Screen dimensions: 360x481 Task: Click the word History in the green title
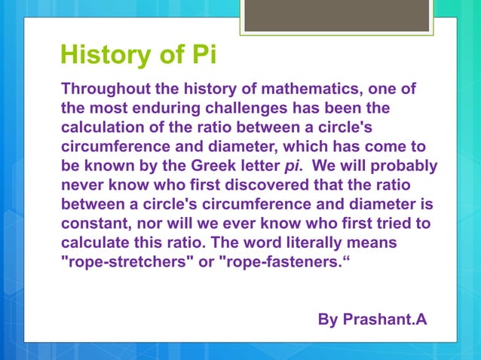[x=106, y=56]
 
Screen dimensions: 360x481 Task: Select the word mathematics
[x=314, y=90]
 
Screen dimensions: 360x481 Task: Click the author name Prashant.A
[x=384, y=319]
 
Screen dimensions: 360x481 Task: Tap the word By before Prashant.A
[x=328, y=319]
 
